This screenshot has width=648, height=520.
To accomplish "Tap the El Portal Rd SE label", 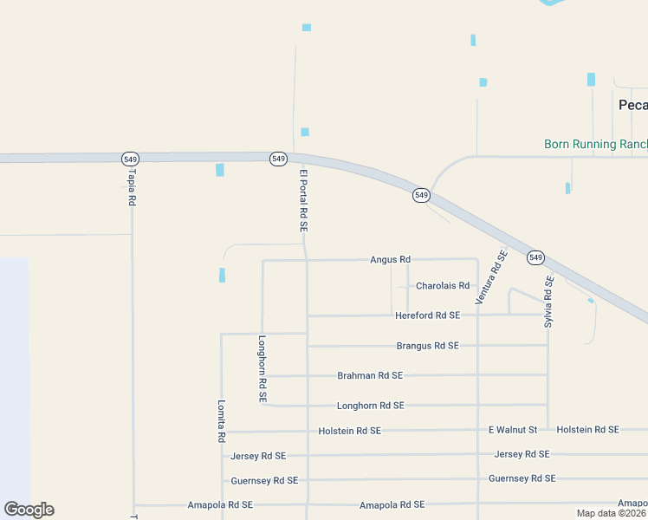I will pos(304,200).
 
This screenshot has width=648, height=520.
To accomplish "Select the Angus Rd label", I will pos(390,259).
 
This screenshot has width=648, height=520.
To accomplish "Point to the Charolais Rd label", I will pos(442,286).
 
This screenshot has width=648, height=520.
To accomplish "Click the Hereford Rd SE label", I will pos(427,315).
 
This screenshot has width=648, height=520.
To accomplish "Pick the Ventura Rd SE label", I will pos(490,276).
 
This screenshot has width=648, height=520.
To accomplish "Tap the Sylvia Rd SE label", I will pos(548,301).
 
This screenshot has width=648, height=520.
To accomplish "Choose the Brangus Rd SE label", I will pos(427,346).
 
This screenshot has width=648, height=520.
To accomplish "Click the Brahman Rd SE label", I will pos(370,376).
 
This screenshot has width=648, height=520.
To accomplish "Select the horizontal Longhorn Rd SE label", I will pos(370,406).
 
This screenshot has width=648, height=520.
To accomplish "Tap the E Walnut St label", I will pos(513,430).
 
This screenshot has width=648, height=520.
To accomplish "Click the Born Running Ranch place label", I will pos(595,145).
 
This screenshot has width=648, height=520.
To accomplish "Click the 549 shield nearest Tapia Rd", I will pos(130,159).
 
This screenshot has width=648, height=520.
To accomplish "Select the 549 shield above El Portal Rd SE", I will pos(278,159).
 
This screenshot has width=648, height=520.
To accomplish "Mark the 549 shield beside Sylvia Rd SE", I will pos(535,257).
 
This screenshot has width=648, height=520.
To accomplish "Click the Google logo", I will pos(29,510).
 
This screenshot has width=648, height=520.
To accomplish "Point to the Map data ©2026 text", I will pos(612,513).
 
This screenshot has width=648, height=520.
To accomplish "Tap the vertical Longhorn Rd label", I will pos(262,368).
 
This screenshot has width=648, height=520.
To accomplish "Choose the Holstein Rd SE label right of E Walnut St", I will pos(587,430).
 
